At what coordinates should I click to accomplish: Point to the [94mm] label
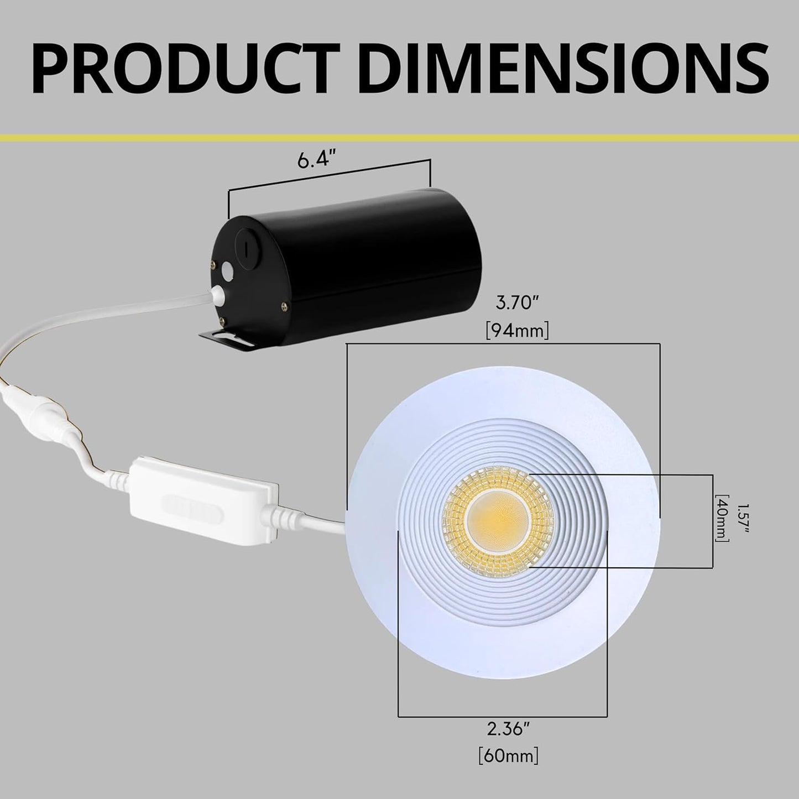tap(517, 331)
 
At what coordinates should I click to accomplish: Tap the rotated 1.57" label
tap(744, 518)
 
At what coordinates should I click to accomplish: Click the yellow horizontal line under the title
tap(399, 136)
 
